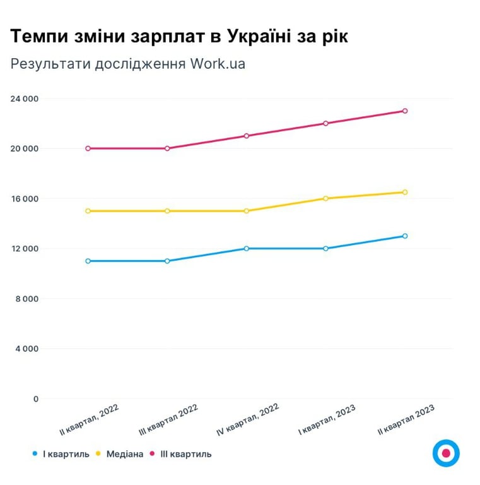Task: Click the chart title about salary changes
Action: point(179,37)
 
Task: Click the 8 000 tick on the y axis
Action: point(27,299)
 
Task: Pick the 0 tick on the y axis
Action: point(36,398)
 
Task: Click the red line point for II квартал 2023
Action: point(405,111)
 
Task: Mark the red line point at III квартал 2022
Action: point(167,148)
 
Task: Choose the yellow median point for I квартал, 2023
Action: point(326,198)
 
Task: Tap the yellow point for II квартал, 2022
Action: point(88,211)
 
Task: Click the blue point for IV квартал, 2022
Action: point(247,248)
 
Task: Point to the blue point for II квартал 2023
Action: point(405,236)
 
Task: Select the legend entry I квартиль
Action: point(62,453)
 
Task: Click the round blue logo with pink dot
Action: point(446,453)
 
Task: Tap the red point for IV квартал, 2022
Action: point(247,136)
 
